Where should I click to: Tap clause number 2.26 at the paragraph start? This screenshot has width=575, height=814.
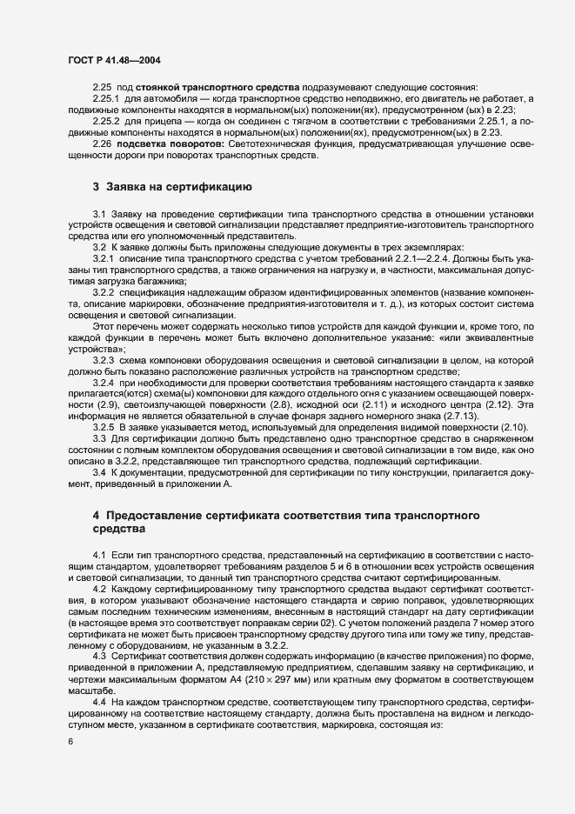coord(103,143)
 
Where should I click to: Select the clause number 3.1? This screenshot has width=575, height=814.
coord(99,214)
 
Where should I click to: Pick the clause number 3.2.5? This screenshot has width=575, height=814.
coord(104,426)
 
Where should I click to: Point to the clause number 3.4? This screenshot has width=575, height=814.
coord(99,471)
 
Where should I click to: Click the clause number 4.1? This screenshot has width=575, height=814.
coord(99,554)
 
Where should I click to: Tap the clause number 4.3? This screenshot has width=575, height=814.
coord(99,657)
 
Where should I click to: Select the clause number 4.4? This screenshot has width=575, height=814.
coord(99,699)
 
